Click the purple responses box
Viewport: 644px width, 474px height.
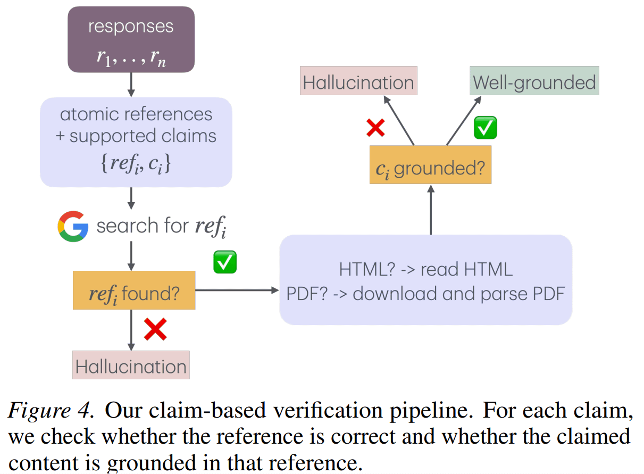tap(131, 39)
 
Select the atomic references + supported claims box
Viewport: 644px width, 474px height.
tap(136, 142)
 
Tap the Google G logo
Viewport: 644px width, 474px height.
tap(73, 227)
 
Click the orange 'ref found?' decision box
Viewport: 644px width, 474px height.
tap(134, 290)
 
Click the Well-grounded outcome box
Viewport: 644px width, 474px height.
tap(534, 81)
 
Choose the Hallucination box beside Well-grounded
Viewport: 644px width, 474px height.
tap(358, 81)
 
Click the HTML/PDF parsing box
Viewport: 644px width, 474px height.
tap(425, 280)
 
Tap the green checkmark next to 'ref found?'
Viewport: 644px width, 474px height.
tap(225, 263)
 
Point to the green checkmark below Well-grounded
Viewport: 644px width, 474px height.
tap(485, 128)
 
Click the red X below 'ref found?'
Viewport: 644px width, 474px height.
tap(155, 330)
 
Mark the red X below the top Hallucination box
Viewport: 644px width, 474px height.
tap(376, 127)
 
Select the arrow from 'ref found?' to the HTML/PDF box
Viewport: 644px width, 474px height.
tap(237, 290)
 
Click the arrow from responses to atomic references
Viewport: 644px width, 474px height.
tap(131, 85)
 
